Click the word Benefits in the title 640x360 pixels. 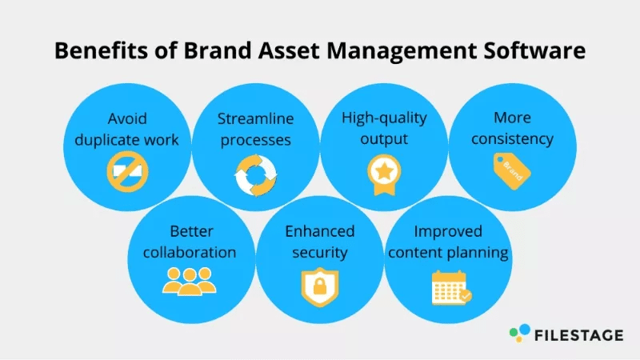tap(102, 50)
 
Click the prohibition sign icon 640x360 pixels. tap(127, 172)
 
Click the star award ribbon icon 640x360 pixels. tap(384, 174)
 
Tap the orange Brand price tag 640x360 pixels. tap(512, 171)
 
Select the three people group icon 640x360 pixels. tap(190, 282)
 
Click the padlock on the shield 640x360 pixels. tap(320, 286)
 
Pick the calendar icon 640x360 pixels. tap(451, 288)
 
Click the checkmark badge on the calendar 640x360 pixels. tap(466, 295)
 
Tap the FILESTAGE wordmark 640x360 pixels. tap(578, 335)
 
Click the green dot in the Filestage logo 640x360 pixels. tap(514, 333)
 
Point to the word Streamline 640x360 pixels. tap(255, 118)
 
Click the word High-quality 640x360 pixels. tap(384, 118)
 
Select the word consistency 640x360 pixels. tap(512, 139)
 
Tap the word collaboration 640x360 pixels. tap(190, 252)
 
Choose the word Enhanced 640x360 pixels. tap(320, 231)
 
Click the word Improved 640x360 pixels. tap(448, 232)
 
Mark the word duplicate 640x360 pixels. tap(104, 140)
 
